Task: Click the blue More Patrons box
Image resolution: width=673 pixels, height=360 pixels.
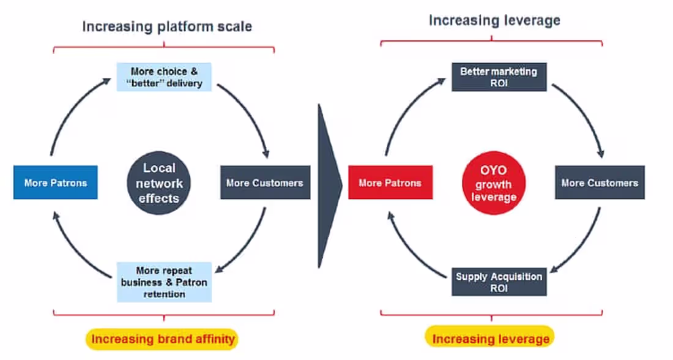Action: coord(55,182)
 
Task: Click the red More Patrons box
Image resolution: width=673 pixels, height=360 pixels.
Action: coord(390,182)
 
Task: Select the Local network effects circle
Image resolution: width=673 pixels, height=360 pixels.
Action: coord(159,182)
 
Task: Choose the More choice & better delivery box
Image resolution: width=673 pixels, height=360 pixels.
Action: coord(164,77)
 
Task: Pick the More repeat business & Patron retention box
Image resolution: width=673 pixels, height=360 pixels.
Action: coord(164,282)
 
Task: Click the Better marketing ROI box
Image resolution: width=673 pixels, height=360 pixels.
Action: coord(499,77)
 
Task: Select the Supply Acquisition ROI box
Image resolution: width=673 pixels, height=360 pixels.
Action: coord(499,282)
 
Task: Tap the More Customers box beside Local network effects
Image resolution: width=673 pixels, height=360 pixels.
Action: coord(265,182)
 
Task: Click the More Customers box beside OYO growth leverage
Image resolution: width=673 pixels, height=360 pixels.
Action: coord(600,182)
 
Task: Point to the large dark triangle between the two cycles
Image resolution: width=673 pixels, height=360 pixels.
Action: coord(328,184)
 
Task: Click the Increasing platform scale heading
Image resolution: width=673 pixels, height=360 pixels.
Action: coord(166,26)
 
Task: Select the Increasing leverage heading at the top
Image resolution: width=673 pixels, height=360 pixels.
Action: coord(494,20)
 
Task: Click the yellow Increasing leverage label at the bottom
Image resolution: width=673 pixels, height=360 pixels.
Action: coord(491,339)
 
